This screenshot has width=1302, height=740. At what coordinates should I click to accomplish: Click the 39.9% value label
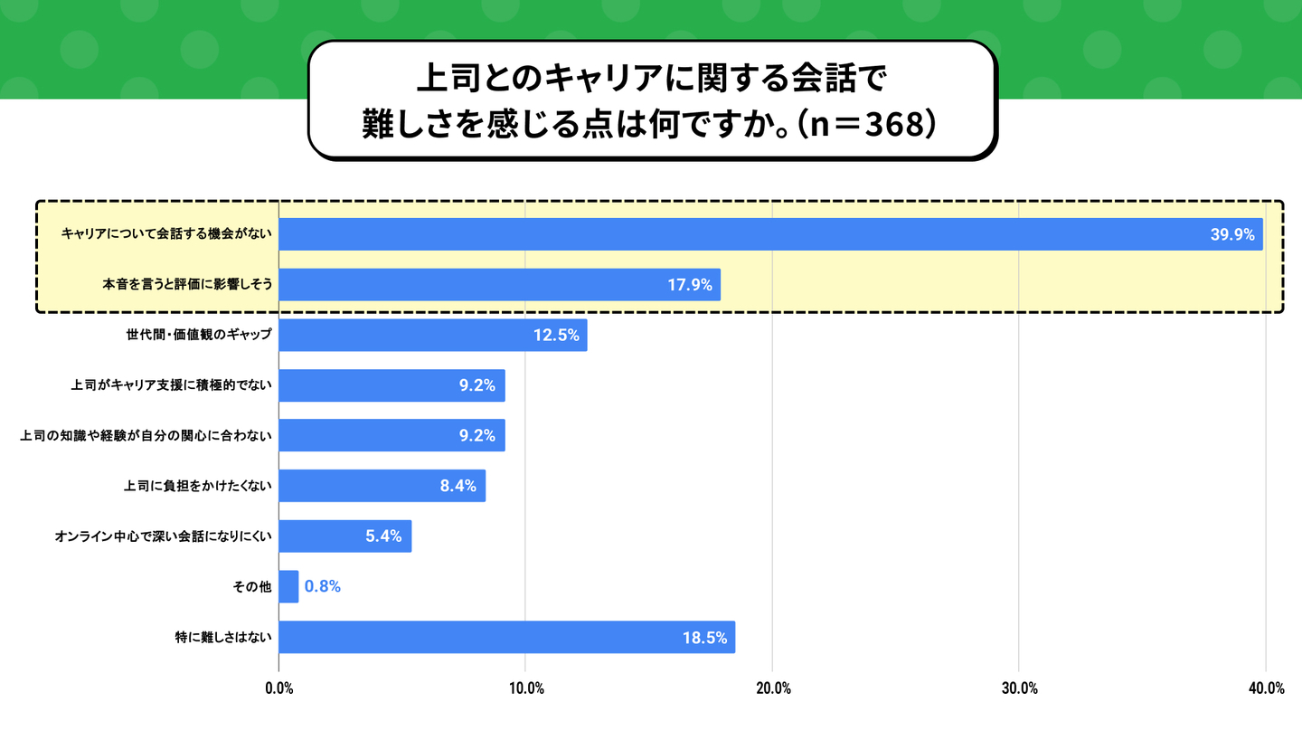click(x=1232, y=234)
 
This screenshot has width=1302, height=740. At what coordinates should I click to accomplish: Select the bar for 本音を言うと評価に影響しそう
click(x=499, y=285)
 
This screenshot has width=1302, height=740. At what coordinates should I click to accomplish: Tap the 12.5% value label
click(x=555, y=335)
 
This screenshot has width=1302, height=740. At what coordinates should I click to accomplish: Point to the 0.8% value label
click(x=322, y=586)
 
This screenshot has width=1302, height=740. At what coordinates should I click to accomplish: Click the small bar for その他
click(x=288, y=586)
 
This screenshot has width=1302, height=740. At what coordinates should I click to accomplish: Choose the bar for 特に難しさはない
click(x=506, y=637)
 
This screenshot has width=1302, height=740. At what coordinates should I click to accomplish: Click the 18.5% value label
click(x=704, y=637)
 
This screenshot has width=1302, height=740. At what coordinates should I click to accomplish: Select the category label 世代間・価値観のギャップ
click(x=199, y=335)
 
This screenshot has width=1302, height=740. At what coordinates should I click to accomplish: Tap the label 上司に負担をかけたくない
click(x=198, y=486)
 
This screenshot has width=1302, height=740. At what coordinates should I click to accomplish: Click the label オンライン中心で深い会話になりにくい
click(x=163, y=536)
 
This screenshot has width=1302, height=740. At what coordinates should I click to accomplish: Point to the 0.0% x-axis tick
click(x=278, y=688)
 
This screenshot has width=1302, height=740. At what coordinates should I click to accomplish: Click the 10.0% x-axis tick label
click(x=525, y=688)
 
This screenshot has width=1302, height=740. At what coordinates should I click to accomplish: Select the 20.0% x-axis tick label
click(x=772, y=688)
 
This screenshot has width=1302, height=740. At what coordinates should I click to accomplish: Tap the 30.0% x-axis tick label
click(x=1019, y=688)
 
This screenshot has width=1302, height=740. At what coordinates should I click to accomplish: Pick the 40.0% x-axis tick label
click(x=1266, y=688)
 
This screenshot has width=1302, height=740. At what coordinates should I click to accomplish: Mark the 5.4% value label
click(x=383, y=536)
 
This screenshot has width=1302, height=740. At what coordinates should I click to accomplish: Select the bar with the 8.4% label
click(x=382, y=486)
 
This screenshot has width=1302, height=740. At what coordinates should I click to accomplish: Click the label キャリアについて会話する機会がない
click(x=167, y=234)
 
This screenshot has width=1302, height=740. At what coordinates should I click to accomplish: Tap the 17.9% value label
click(x=690, y=285)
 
